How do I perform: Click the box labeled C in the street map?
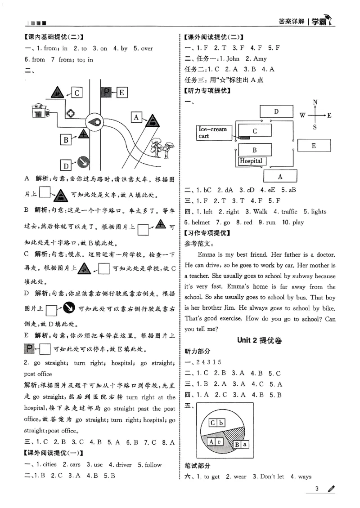77,93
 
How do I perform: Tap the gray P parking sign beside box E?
106,93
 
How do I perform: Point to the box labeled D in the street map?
66,165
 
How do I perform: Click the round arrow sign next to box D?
82,162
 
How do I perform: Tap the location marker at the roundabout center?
95,122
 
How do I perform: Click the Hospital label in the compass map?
251,160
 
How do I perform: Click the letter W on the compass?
303,116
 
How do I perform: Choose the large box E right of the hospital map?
314,146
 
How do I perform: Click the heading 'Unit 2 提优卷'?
260,340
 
